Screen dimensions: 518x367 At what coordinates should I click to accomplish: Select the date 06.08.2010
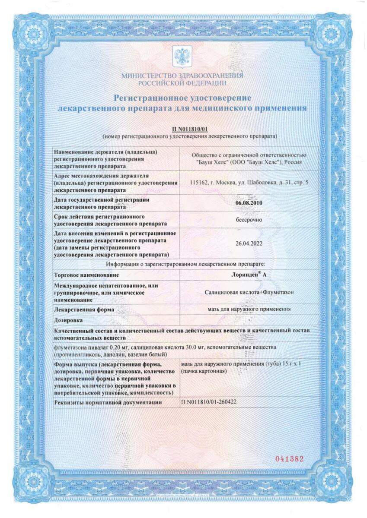(249, 202)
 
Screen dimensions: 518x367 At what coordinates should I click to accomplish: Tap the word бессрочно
(249, 219)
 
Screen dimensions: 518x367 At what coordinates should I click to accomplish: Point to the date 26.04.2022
(249, 243)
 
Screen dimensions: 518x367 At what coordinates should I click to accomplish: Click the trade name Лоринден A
(249, 275)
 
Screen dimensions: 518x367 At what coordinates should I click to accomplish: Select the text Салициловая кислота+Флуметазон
(249, 292)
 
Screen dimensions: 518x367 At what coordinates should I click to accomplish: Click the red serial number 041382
(290, 459)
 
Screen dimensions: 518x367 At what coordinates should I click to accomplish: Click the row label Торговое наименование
(86, 275)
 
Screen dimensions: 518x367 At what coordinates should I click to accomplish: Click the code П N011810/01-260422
(209, 402)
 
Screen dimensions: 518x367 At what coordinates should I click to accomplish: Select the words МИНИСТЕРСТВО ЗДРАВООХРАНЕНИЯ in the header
(182, 76)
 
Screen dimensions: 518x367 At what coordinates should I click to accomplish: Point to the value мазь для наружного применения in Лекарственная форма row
(249, 309)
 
